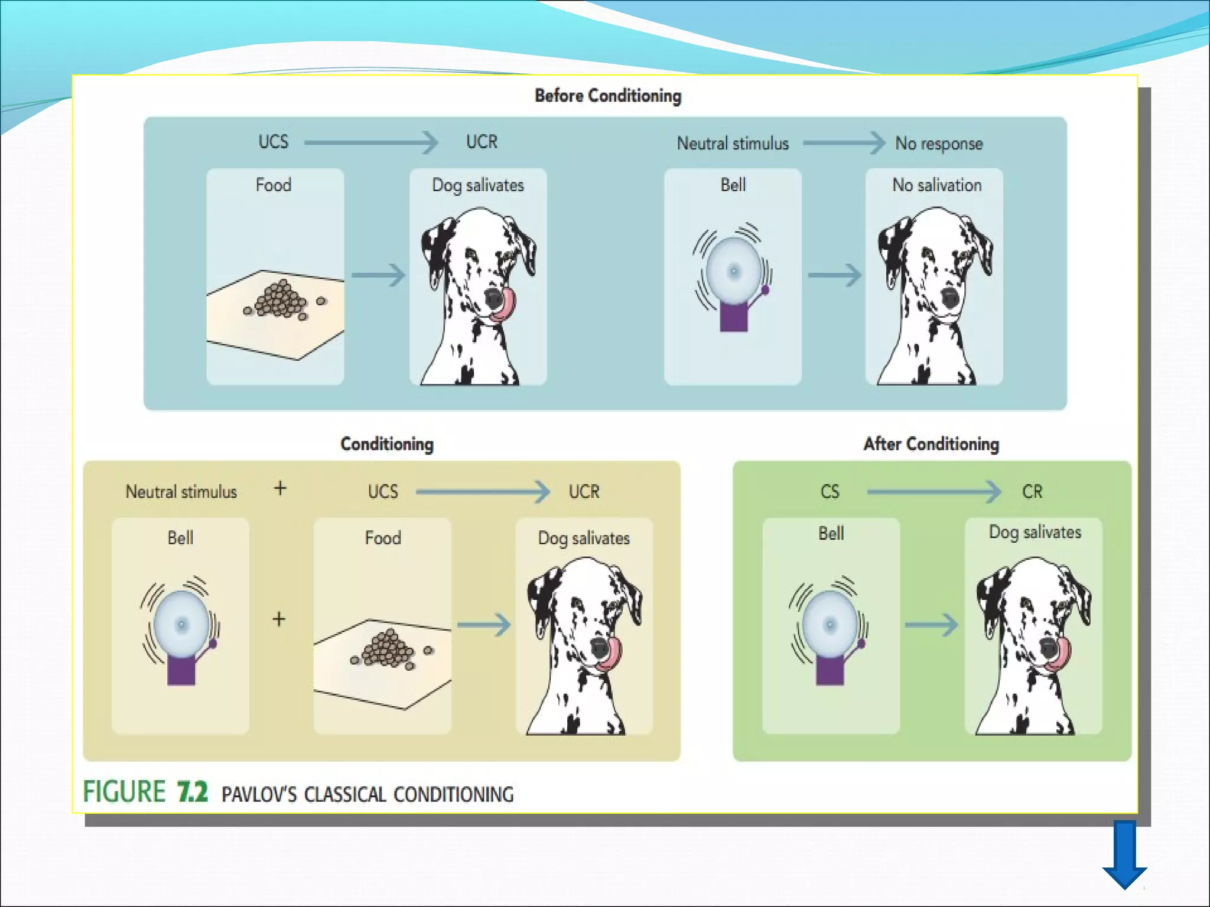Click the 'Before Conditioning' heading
pos(608,96)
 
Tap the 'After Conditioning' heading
pos(931,444)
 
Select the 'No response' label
pos(939,143)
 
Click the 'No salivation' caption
pos(936,185)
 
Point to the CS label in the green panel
pos(830,492)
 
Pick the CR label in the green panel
pos(1032,492)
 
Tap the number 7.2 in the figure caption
pos(192,792)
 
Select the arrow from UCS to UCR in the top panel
pos(371,142)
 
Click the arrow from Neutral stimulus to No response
pos(843,143)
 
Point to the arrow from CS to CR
pos(933,491)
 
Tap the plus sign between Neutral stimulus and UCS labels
pos(280,488)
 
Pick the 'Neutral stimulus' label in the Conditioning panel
pos(181,492)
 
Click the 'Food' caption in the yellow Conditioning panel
pos(383,538)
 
